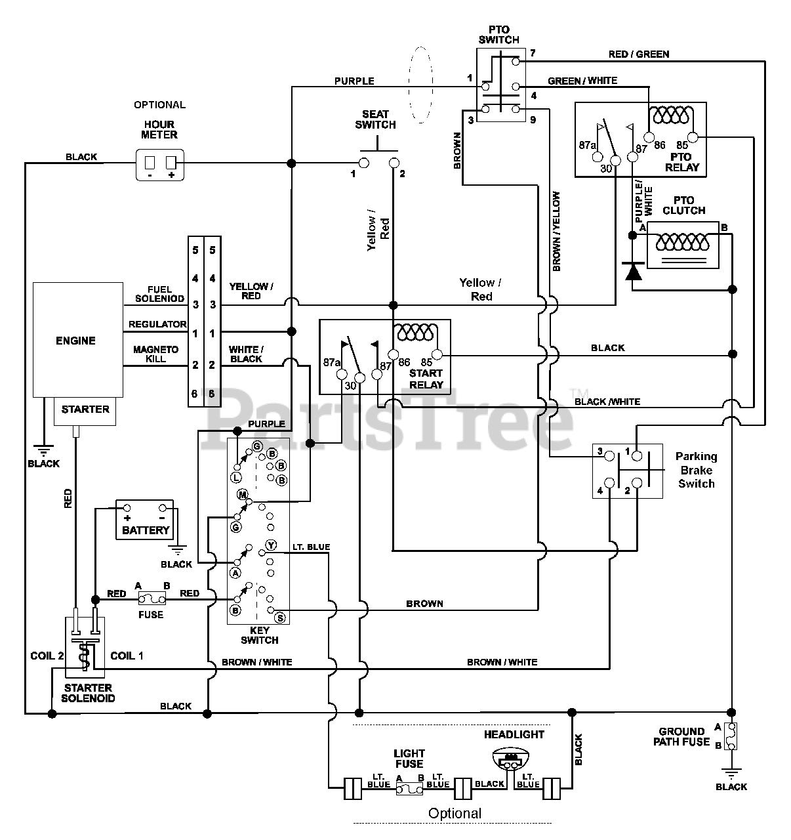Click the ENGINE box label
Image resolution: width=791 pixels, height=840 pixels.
75,341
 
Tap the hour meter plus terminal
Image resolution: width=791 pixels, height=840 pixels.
171,163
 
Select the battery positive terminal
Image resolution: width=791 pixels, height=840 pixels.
127,507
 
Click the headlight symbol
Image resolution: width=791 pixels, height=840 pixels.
511,759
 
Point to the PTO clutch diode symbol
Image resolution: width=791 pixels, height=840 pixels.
633,271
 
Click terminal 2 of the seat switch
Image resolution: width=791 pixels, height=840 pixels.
394,163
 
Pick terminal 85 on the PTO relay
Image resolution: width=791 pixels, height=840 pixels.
693,137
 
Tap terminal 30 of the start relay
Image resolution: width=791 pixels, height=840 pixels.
360,378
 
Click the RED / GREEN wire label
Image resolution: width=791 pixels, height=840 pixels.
639,54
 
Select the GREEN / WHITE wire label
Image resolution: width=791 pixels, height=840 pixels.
582,80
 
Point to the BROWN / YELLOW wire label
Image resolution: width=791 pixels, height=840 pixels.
556,231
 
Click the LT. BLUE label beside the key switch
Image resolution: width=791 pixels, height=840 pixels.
311,547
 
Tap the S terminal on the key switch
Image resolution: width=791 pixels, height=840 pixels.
280,618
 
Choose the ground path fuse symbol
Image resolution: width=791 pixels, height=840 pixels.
731,736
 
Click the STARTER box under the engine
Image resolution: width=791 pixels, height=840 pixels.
85,411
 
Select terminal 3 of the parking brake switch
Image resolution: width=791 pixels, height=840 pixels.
609,456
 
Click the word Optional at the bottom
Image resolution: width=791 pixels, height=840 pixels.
455,813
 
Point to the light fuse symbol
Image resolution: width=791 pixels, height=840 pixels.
409,789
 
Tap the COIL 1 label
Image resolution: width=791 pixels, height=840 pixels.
127,656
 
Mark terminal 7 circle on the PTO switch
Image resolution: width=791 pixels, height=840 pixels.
516,62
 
